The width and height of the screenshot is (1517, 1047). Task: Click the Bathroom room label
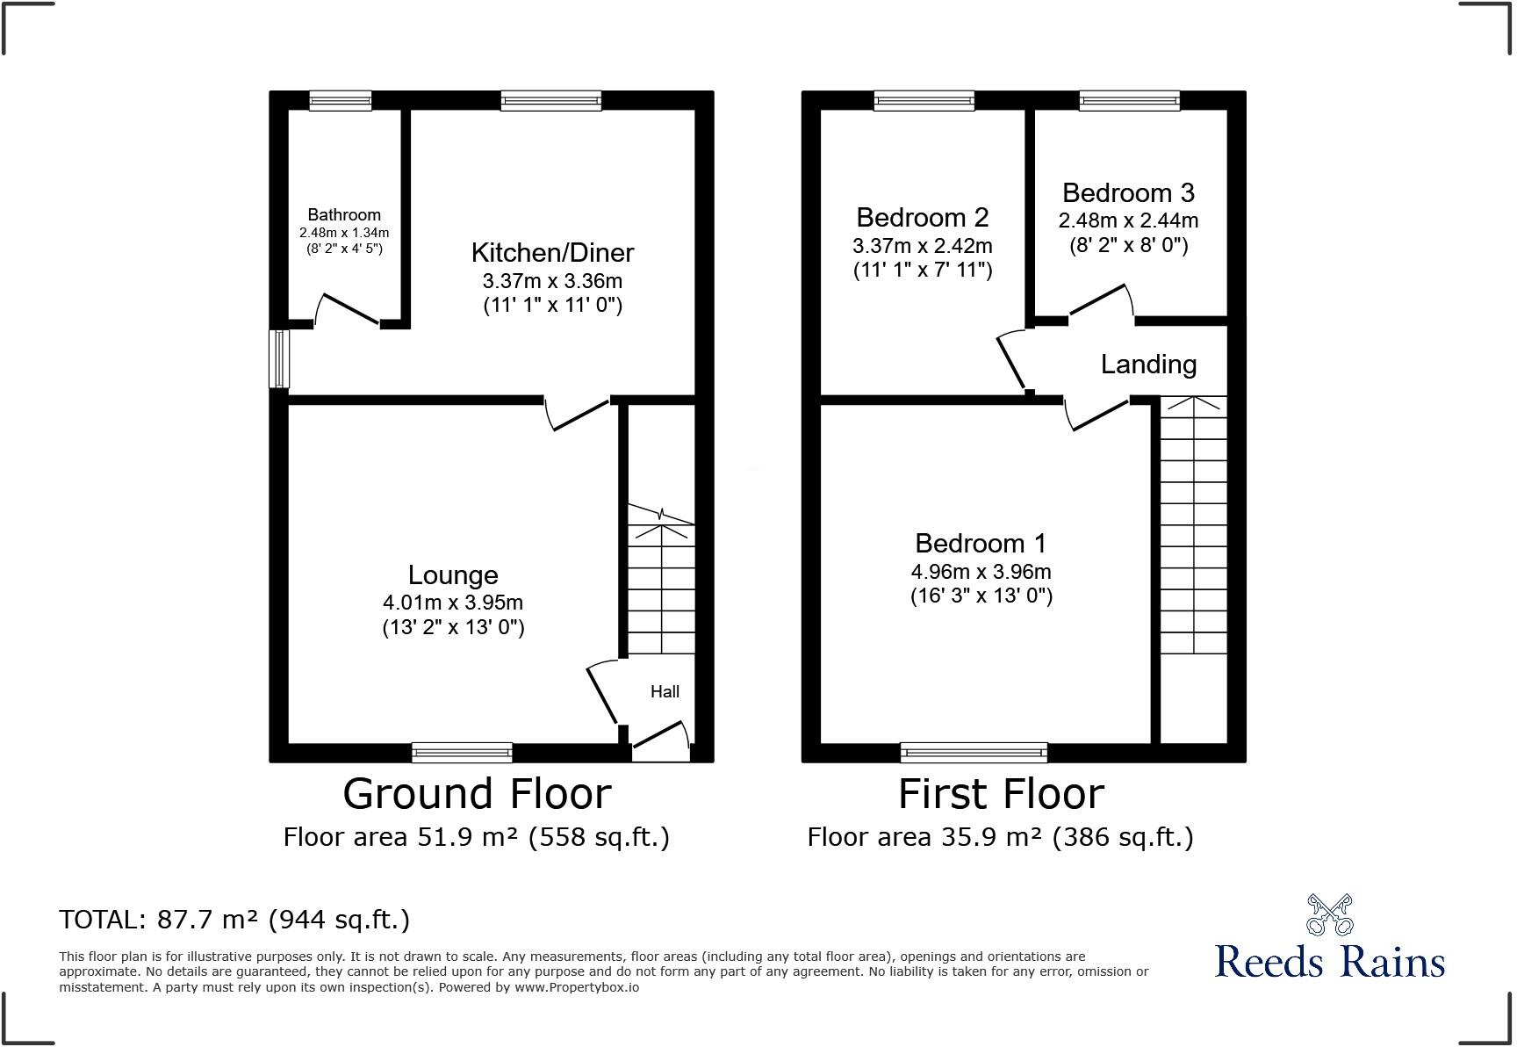[344, 214]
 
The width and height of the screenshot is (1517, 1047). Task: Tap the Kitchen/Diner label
[552, 253]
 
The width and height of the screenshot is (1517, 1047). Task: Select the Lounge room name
[453, 575]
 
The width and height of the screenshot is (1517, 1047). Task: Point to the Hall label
[665, 692]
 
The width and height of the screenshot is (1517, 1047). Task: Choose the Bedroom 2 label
[923, 217]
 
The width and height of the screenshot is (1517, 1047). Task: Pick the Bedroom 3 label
[1128, 192]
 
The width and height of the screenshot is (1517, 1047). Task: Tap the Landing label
[1148, 365]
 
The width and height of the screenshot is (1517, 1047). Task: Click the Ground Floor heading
[477, 794]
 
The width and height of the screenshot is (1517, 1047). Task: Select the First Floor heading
[1001, 794]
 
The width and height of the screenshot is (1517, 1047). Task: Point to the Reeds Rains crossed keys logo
[1329, 914]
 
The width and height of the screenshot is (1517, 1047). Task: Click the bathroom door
[348, 309]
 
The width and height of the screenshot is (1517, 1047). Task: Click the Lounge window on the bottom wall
[462, 752]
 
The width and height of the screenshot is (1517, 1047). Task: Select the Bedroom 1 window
[974, 752]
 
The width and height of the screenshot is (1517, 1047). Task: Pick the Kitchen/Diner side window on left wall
[279, 358]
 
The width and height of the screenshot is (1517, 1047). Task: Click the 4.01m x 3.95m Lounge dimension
[453, 603]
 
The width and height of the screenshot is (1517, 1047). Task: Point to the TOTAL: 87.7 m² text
[234, 920]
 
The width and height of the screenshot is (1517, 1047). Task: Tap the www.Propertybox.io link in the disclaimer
[577, 987]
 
